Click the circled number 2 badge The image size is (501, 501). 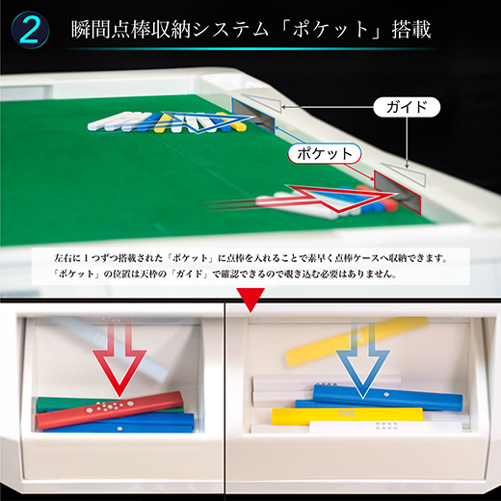pyautogui.click(x=31, y=29)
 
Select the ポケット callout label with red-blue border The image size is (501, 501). pyautogui.click(x=323, y=152)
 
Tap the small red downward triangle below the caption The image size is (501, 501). pyautogui.click(x=251, y=305)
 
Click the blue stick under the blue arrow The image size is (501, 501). pyautogui.click(x=385, y=394)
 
